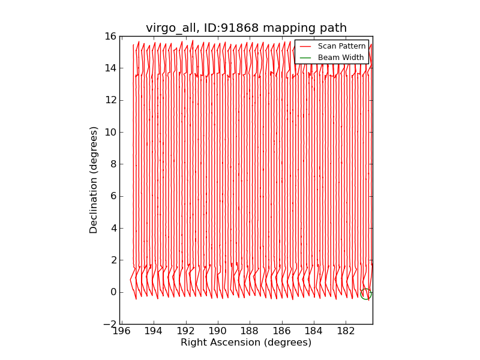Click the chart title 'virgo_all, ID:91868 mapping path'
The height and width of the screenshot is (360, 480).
(246, 28)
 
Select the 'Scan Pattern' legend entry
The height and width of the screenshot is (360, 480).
(341, 46)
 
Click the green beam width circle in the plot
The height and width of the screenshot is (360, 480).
(365, 294)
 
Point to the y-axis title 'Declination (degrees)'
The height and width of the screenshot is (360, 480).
(94, 180)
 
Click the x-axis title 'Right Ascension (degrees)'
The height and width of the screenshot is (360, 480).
(246, 343)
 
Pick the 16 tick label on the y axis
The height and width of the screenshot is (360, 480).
(110, 36)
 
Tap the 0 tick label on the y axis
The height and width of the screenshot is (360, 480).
(113, 292)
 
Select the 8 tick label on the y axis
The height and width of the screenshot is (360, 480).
(113, 164)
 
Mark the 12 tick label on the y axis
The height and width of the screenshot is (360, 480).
(110, 100)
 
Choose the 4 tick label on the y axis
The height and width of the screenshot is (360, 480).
(113, 228)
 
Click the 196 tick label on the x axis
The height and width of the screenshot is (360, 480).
(122, 332)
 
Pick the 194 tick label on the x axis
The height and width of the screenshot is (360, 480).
(154, 332)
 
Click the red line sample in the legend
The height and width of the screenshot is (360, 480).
(305, 46)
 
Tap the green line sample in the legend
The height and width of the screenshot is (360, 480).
(305, 58)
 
